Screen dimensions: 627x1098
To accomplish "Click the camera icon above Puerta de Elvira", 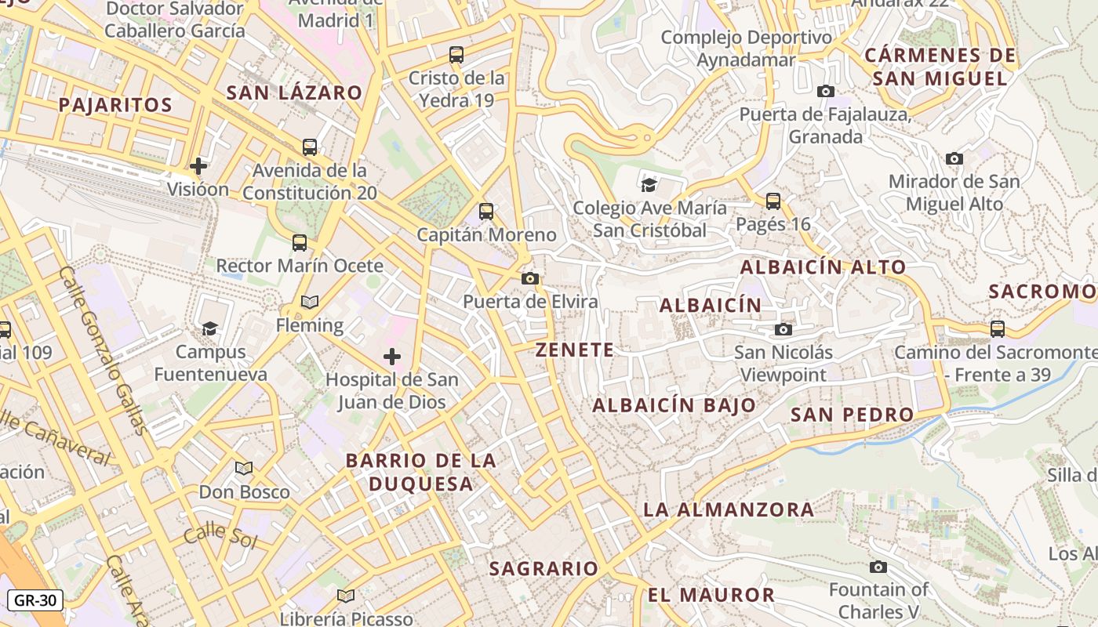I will tap(530, 278).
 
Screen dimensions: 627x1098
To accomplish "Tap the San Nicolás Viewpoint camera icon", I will tap(783, 329).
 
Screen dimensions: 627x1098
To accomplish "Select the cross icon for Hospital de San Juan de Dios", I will tap(392, 357).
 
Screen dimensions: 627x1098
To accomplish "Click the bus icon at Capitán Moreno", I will tap(486, 211).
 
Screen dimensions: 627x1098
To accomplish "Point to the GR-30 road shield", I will tap(35, 600).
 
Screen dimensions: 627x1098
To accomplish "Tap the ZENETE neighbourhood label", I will tap(575, 350).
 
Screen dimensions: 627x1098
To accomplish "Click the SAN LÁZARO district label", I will tap(294, 92).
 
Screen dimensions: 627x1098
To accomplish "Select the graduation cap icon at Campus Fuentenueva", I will tap(209, 328).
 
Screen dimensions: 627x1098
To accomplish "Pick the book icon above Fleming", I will tap(310, 302).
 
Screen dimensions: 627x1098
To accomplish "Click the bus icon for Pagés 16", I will tap(773, 201).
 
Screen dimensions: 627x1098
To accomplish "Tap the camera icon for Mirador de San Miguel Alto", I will tap(954, 158).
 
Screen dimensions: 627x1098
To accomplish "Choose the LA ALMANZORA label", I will tap(729, 509).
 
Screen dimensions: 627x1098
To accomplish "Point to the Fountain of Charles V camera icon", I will tap(878, 567).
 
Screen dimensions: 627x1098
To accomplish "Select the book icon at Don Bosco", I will tap(244, 468).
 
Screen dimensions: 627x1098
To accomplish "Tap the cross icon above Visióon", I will tap(198, 165).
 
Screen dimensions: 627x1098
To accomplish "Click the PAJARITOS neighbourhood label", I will tap(115, 105).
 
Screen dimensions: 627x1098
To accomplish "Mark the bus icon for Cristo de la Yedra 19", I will tap(456, 55).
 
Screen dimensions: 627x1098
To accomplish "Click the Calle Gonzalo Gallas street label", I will tap(103, 350).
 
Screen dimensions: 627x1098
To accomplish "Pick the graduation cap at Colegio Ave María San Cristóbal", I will tap(649, 185).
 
